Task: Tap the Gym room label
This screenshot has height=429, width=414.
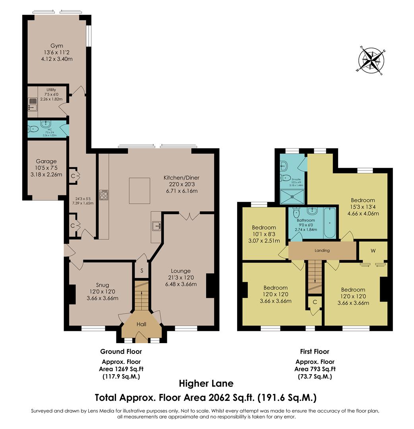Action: coord(56,46)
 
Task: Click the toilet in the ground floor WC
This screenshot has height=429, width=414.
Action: coord(33,129)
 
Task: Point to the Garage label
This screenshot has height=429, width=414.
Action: coord(46,161)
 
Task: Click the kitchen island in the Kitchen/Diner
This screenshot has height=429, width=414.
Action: coord(139,191)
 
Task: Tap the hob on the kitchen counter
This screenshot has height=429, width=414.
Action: coord(104,195)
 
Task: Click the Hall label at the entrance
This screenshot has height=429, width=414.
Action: coord(141,324)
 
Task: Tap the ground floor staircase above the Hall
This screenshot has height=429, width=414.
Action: coord(141,296)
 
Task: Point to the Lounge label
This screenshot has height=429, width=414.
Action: coord(181,271)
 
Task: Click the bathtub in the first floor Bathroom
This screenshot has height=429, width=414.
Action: coord(329,223)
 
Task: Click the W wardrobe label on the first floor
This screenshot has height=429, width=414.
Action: coord(373,251)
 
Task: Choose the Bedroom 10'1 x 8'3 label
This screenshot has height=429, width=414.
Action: coord(264,228)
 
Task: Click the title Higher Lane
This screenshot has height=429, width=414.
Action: coord(206,383)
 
